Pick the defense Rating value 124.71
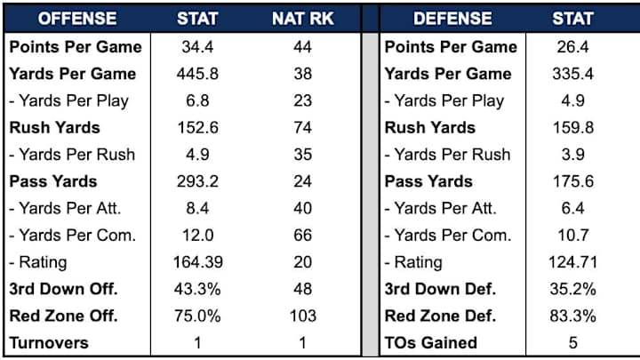click(572, 261)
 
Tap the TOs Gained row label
click(431, 342)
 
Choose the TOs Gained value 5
click(572, 342)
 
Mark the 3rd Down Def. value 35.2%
click(572, 289)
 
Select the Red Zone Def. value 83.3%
click(572, 316)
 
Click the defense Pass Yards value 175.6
click(572, 181)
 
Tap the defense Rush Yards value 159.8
click(572, 127)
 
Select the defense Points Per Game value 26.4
click(572, 46)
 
